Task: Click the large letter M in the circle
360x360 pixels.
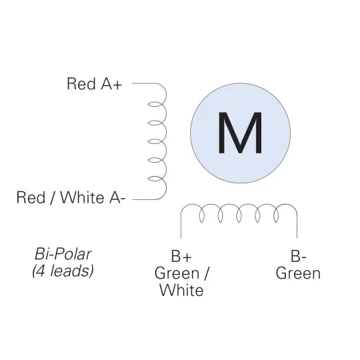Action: [x=240, y=133]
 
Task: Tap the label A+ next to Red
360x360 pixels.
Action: [x=111, y=83]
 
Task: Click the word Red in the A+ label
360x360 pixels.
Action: [x=81, y=83]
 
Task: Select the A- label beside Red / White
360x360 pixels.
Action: [x=117, y=197]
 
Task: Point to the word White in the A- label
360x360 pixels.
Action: [x=82, y=197]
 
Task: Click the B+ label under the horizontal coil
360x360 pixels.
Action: [x=181, y=256]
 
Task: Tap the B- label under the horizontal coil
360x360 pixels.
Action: [x=298, y=256]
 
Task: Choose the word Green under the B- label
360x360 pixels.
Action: [x=298, y=273]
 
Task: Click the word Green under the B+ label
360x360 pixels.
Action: [x=177, y=273]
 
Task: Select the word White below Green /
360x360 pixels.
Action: [x=181, y=290]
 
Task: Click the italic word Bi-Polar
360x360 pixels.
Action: [x=63, y=254]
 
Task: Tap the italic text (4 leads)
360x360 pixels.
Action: [x=63, y=271]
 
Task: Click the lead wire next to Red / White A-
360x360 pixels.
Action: [x=144, y=199]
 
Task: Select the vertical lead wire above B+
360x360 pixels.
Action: [x=181, y=226]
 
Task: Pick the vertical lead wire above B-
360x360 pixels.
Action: [x=297, y=226]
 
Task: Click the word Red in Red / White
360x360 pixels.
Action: [x=31, y=197]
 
